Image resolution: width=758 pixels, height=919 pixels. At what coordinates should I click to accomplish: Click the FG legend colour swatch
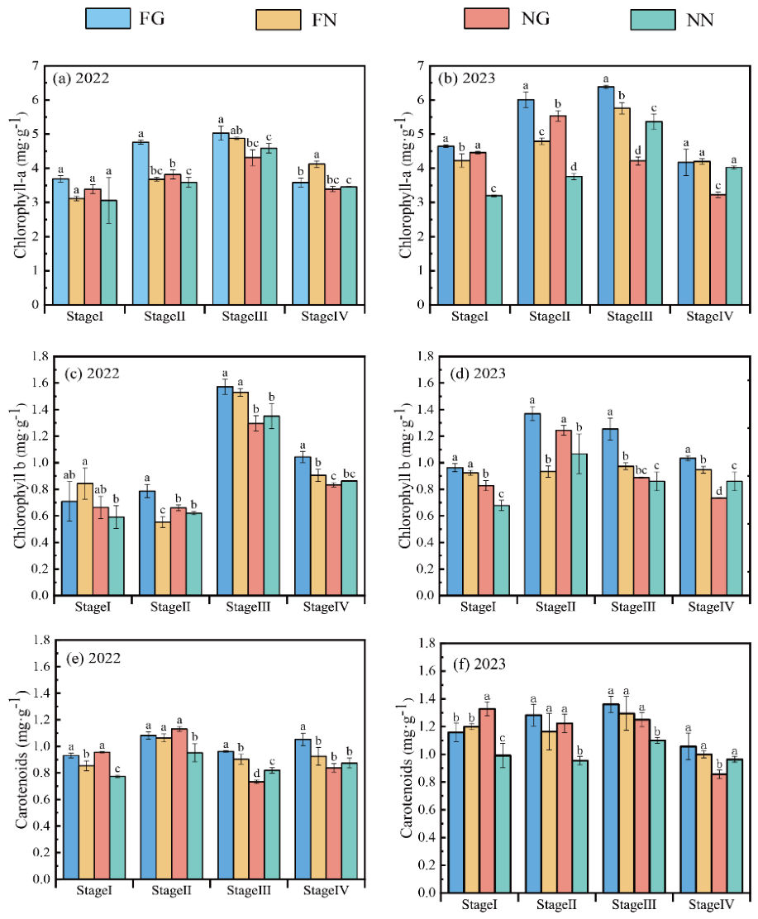[107, 18]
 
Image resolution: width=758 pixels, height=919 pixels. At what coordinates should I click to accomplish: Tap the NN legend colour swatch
[652, 19]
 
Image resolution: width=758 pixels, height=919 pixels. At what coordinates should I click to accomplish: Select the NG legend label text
[536, 19]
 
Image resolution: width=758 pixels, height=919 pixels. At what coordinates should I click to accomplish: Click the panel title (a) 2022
[81, 78]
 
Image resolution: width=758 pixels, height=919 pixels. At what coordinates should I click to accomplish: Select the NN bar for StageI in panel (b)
[493, 250]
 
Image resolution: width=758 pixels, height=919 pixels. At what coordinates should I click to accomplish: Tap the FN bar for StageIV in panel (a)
[317, 234]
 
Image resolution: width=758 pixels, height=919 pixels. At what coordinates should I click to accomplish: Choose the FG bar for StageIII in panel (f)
[611, 798]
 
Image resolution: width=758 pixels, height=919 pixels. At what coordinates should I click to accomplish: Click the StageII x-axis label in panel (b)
[550, 317]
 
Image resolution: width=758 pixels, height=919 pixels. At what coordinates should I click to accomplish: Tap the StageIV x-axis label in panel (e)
[326, 890]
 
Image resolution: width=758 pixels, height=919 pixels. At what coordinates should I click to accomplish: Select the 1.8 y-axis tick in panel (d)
[425, 356]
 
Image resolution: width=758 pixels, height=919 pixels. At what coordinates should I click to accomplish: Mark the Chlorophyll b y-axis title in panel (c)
[21, 476]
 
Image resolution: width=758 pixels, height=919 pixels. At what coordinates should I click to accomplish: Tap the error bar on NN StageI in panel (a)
[109, 201]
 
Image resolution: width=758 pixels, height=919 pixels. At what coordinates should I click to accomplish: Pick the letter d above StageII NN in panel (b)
[574, 166]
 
